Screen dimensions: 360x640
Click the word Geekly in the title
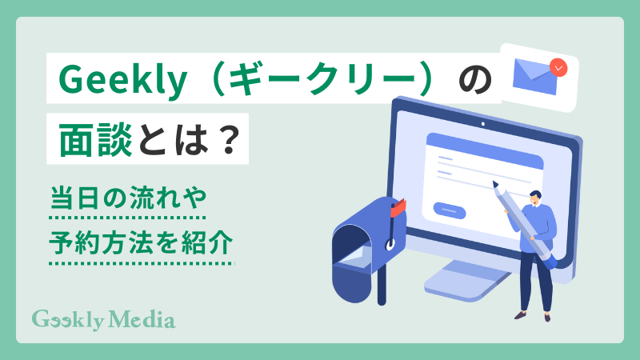tap(104, 81)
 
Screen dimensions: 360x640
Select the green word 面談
tap(90, 141)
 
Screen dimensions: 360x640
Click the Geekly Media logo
tap(103, 319)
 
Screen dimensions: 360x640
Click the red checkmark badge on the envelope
tap(559, 66)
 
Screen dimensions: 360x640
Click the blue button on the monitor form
tap(450, 210)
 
